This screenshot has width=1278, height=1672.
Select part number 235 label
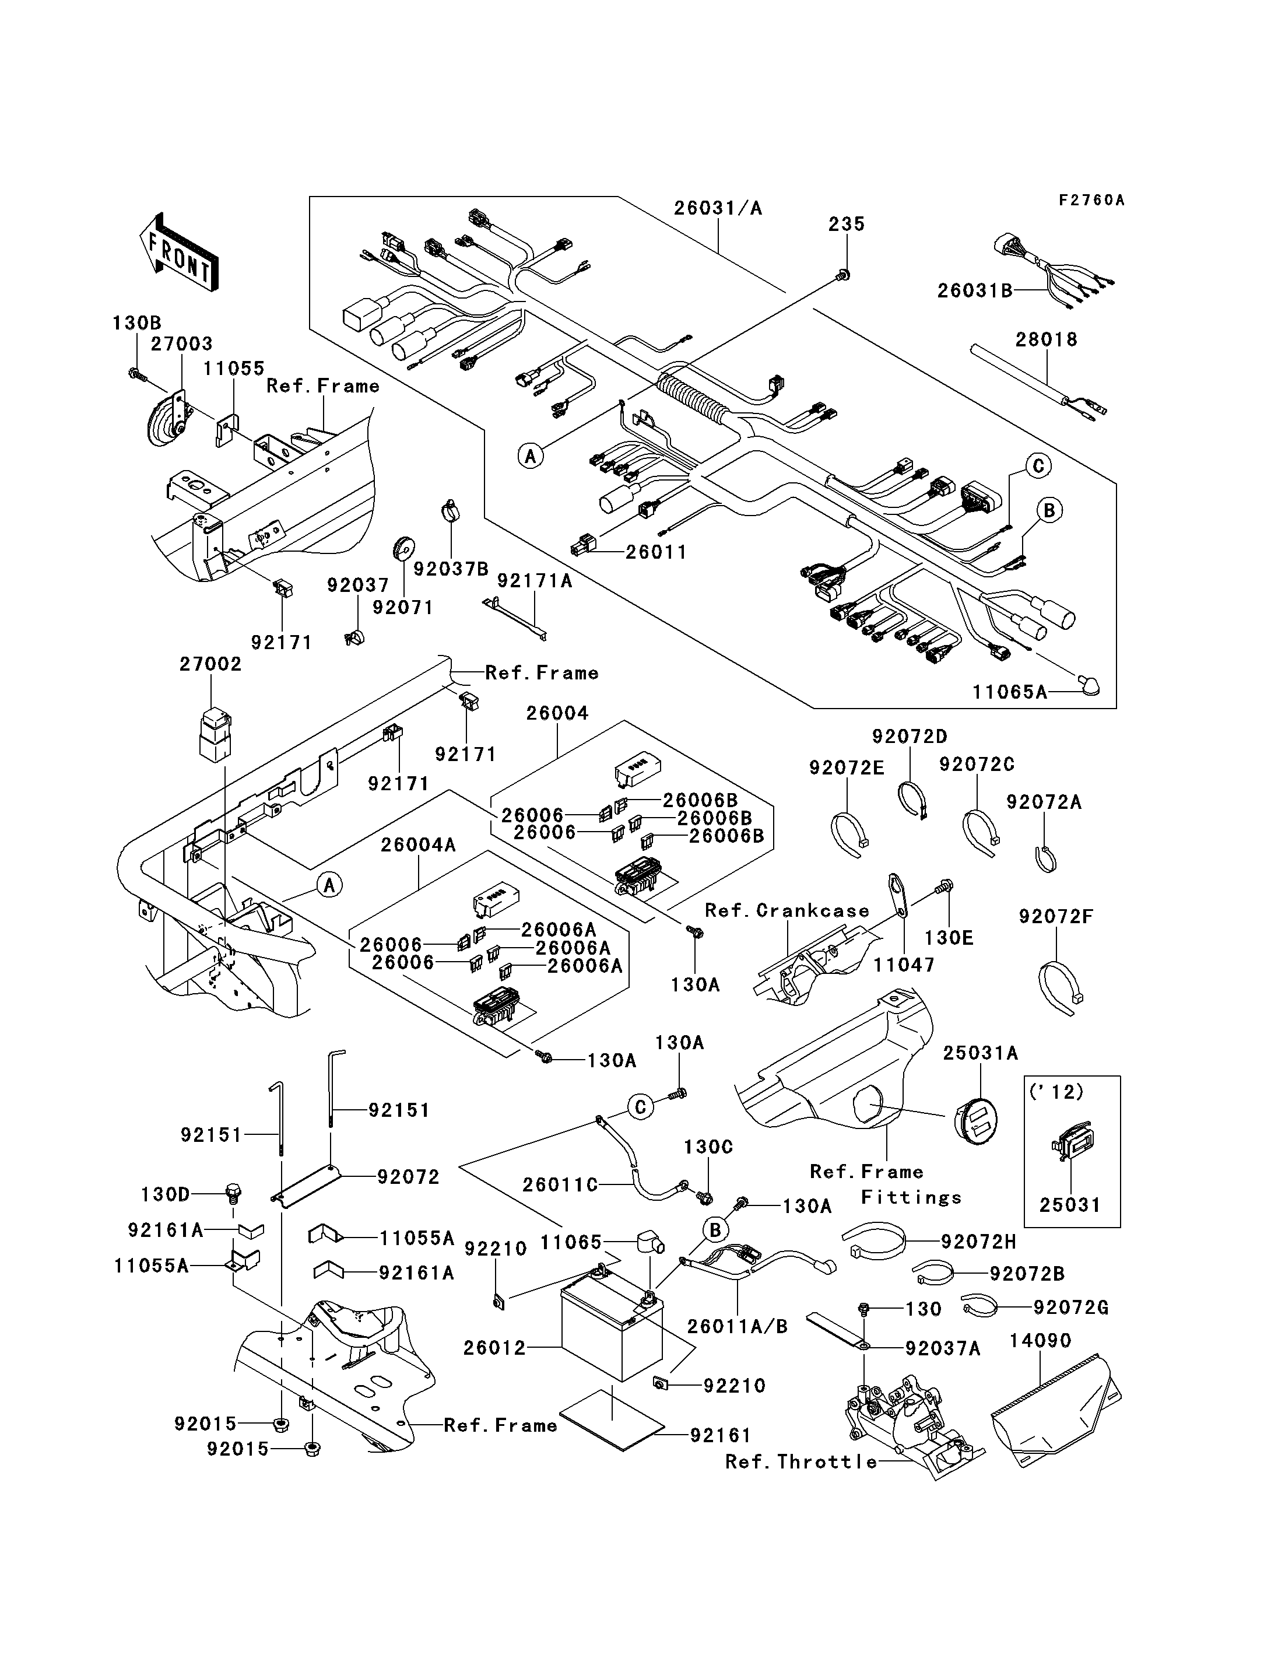click(847, 224)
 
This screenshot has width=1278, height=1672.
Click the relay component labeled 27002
click(215, 736)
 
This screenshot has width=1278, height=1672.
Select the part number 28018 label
click(1047, 339)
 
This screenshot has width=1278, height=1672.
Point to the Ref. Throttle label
click(801, 1461)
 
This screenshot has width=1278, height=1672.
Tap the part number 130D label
click(165, 1195)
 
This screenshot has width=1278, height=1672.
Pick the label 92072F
click(1056, 917)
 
